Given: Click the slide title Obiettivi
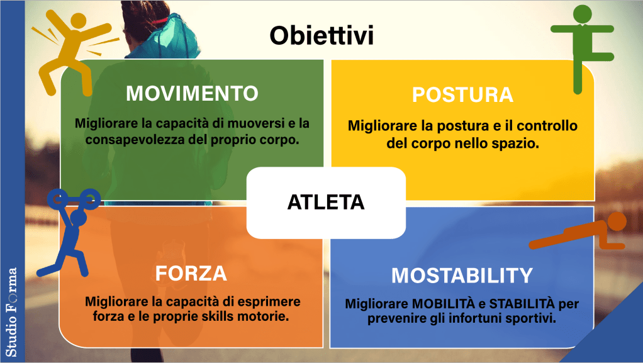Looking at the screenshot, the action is (x=321, y=35).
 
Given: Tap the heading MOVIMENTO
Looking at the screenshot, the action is (x=192, y=94).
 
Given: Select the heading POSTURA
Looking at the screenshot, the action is (x=462, y=95).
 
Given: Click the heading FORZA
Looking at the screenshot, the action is (x=191, y=274).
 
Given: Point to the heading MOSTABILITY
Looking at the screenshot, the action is (x=462, y=275).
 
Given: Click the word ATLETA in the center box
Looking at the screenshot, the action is (x=326, y=202).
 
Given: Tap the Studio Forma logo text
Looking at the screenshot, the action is (x=11, y=312).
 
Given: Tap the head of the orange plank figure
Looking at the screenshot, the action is (x=617, y=222).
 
